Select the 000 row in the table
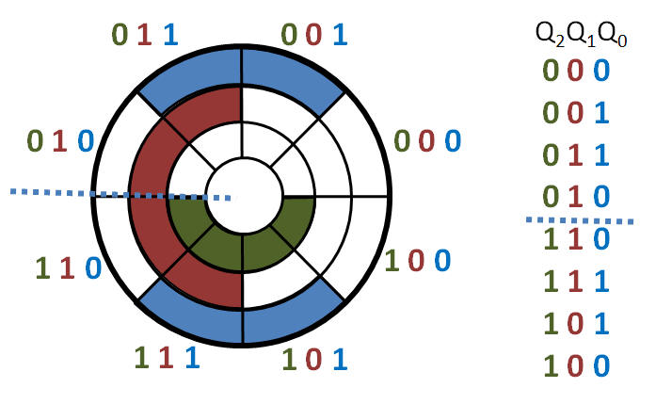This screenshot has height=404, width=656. click(576, 71)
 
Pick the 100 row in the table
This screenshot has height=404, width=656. click(576, 365)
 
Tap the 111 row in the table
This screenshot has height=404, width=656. click(576, 281)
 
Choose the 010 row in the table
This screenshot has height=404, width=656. click(576, 196)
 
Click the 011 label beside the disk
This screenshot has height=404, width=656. click(145, 35)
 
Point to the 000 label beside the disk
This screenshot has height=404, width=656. click(427, 140)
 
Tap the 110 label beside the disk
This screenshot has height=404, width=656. click(68, 268)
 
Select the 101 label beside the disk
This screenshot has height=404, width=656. click(314, 360)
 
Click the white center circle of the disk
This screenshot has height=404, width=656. click(244, 195)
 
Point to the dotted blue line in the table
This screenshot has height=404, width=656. click(580, 220)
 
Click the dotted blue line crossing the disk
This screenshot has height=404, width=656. click(120, 195)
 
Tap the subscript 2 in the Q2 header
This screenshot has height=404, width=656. click(560, 41)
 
